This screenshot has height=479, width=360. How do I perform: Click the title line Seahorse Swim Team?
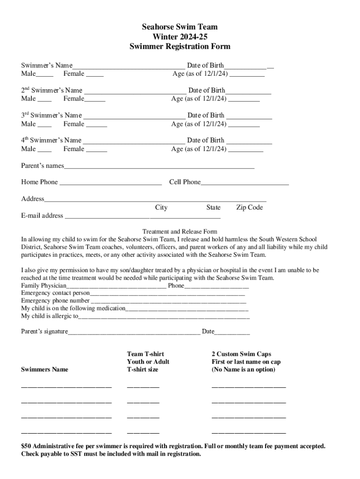(x=180, y=27)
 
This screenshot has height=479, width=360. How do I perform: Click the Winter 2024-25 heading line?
(x=180, y=37)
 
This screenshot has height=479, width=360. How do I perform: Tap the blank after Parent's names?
(x=159, y=167)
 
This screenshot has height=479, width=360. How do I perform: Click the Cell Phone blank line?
(x=245, y=182)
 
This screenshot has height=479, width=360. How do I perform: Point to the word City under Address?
(x=161, y=208)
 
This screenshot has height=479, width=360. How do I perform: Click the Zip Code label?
(x=249, y=208)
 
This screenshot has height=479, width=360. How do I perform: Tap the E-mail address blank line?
(x=142, y=217)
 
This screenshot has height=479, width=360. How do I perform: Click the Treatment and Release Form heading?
(x=180, y=232)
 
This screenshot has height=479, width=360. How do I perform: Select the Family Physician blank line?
(x=116, y=286)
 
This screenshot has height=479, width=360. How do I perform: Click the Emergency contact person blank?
(x=167, y=294)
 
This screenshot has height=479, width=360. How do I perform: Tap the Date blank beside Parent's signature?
(x=232, y=333)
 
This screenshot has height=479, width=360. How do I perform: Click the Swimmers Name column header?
(x=44, y=370)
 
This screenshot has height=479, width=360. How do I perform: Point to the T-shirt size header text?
(x=143, y=370)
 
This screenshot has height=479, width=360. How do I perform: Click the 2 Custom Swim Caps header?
(x=241, y=354)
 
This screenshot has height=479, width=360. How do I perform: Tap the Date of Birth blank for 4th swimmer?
(x=249, y=141)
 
